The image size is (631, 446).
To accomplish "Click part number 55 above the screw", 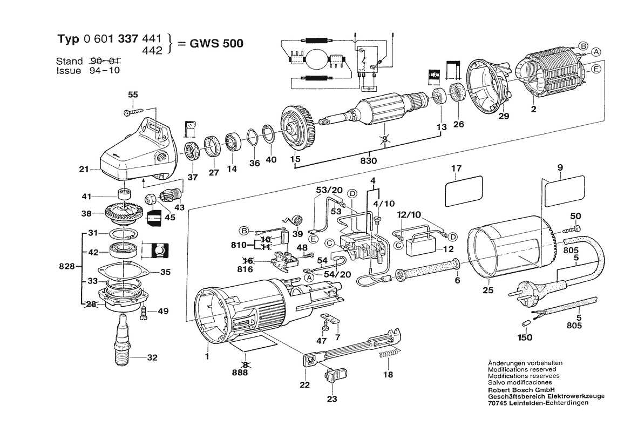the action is click(x=133, y=94).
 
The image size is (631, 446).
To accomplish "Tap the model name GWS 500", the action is click(x=216, y=43).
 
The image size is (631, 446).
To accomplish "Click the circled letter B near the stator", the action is click(x=583, y=46).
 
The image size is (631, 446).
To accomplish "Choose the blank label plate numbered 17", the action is click(x=463, y=191).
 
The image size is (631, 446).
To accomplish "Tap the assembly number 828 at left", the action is click(x=67, y=267).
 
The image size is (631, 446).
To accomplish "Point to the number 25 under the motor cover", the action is click(x=488, y=290).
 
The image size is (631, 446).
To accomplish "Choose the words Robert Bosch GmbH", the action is click(x=521, y=390).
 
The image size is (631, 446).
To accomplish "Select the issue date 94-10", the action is click(x=105, y=70).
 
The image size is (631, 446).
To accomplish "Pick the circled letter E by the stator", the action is click(x=595, y=69).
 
